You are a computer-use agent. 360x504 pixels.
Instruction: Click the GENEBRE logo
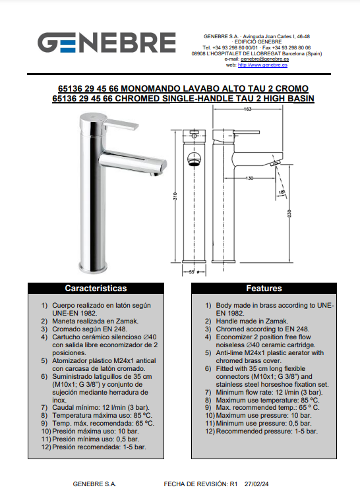click(x=107, y=42)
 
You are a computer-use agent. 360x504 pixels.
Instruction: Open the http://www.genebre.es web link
click(x=262, y=65)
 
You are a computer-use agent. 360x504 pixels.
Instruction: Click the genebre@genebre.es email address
click(x=264, y=59)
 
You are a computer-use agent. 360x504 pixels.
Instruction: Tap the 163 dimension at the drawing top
click(x=247, y=109)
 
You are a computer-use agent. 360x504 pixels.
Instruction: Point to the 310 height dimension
click(x=175, y=196)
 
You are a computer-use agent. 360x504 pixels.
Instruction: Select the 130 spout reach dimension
click(x=249, y=178)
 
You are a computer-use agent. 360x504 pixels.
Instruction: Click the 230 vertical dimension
click(x=289, y=213)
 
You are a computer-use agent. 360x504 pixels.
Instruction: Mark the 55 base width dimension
click(x=192, y=272)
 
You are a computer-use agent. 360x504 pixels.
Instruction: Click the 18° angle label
click(x=282, y=193)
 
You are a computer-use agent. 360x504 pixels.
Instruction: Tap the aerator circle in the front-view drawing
click(x=194, y=159)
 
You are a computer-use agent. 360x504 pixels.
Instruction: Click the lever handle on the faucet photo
click(x=121, y=124)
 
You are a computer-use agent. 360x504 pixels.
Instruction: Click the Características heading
click(x=96, y=289)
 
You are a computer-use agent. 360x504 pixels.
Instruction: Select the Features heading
click(x=264, y=289)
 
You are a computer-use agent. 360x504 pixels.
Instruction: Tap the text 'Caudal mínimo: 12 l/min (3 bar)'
click(x=101, y=408)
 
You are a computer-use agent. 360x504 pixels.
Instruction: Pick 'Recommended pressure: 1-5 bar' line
click(x=266, y=432)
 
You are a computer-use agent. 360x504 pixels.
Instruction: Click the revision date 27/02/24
click(x=256, y=484)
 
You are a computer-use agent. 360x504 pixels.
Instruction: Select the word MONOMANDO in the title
click(x=150, y=89)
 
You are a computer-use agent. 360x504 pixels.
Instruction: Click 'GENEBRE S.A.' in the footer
click(x=94, y=484)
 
